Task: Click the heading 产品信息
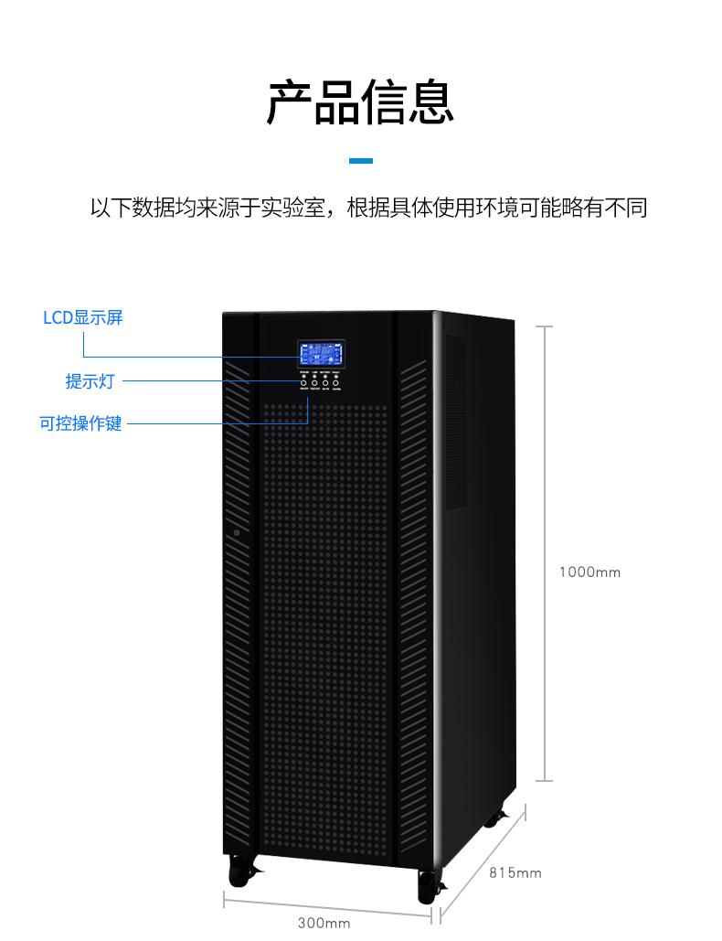[x=360, y=102]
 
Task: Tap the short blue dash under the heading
[x=361, y=161]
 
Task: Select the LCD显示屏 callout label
[x=82, y=318]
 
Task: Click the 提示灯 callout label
[x=90, y=381]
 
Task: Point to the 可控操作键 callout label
[x=80, y=424]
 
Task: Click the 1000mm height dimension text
[x=589, y=572]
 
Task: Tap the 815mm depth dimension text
[x=515, y=873]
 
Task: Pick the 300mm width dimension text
[x=324, y=923]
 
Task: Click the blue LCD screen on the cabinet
[x=320, y=354]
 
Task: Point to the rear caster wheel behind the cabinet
[x=494, y=817]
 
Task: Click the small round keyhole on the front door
[x=236, y=532]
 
